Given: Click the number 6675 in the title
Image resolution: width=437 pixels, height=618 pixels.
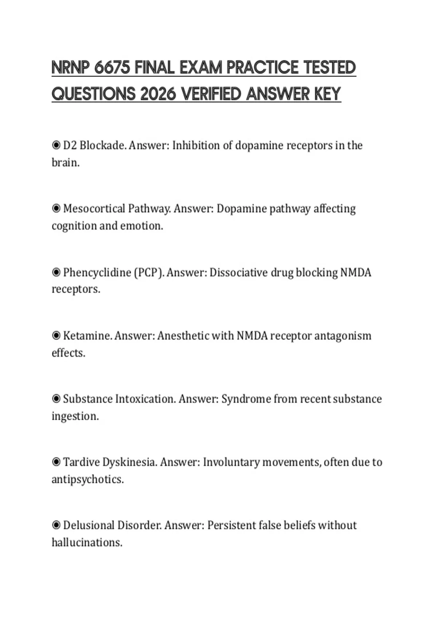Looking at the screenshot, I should (x=112, y=68).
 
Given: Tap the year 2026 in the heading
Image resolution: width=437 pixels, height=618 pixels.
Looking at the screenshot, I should (x=158, y=94).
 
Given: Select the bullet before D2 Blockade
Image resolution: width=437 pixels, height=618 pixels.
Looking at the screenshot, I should (x=56, y=145).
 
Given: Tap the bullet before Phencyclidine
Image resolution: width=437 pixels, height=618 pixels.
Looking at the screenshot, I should (x=56, y=272).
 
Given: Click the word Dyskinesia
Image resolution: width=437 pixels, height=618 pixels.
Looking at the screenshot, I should (x=130, y=462).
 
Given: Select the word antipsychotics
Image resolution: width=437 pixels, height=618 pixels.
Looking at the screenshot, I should (x=87, y=479).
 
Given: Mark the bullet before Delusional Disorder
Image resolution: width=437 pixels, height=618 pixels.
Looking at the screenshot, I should (x=56, y=525).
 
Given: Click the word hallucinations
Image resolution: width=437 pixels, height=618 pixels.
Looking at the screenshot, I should (x=87, y=542).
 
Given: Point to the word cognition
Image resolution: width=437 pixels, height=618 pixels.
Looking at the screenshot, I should (x=74, y=226).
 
